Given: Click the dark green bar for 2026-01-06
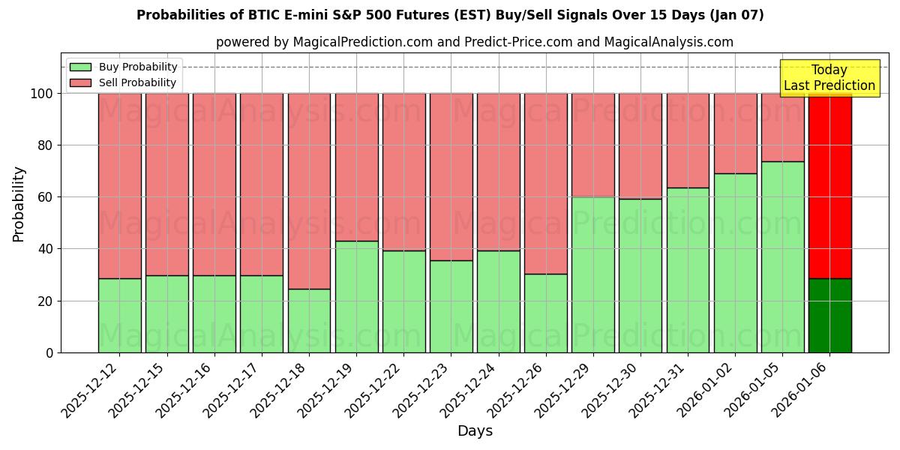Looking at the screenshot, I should [x=829, y=315].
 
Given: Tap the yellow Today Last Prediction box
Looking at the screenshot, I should [x=829, y=78].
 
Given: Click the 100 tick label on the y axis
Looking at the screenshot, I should [x=42, y=94].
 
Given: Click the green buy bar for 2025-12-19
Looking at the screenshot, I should [x=356, y=296].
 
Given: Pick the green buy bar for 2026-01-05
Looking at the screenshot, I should [x=782, y=256].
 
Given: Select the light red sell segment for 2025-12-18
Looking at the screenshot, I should [x=309, y=190].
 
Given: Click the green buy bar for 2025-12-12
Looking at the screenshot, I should [x=119, y=315].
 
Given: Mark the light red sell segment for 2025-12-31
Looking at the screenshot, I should [x=688, y=140].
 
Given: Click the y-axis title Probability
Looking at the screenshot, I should [x=19, y=204].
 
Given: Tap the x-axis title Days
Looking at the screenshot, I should [x=475, y=431].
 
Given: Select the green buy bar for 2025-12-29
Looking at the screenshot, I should [x=593, y=274].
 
